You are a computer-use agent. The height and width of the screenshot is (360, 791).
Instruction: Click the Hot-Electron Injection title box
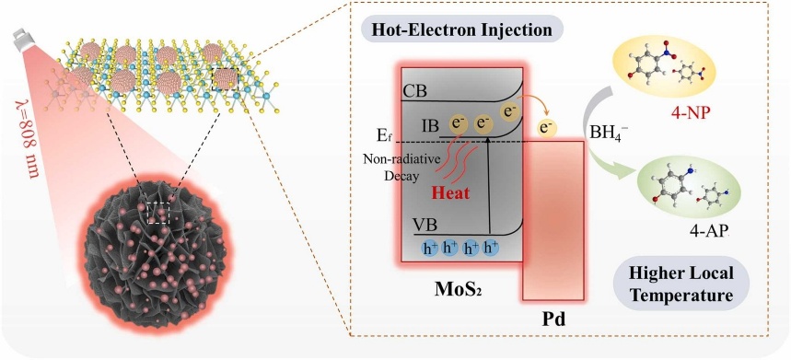click(461, 29)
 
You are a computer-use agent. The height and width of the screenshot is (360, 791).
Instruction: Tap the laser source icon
click(22, 41)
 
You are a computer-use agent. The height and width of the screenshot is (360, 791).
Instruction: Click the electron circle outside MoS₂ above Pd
click(545, 128)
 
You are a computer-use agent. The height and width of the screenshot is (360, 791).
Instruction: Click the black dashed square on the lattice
click(226, 79)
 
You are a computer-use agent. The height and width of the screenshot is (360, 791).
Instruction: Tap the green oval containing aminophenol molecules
click(689, 188)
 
